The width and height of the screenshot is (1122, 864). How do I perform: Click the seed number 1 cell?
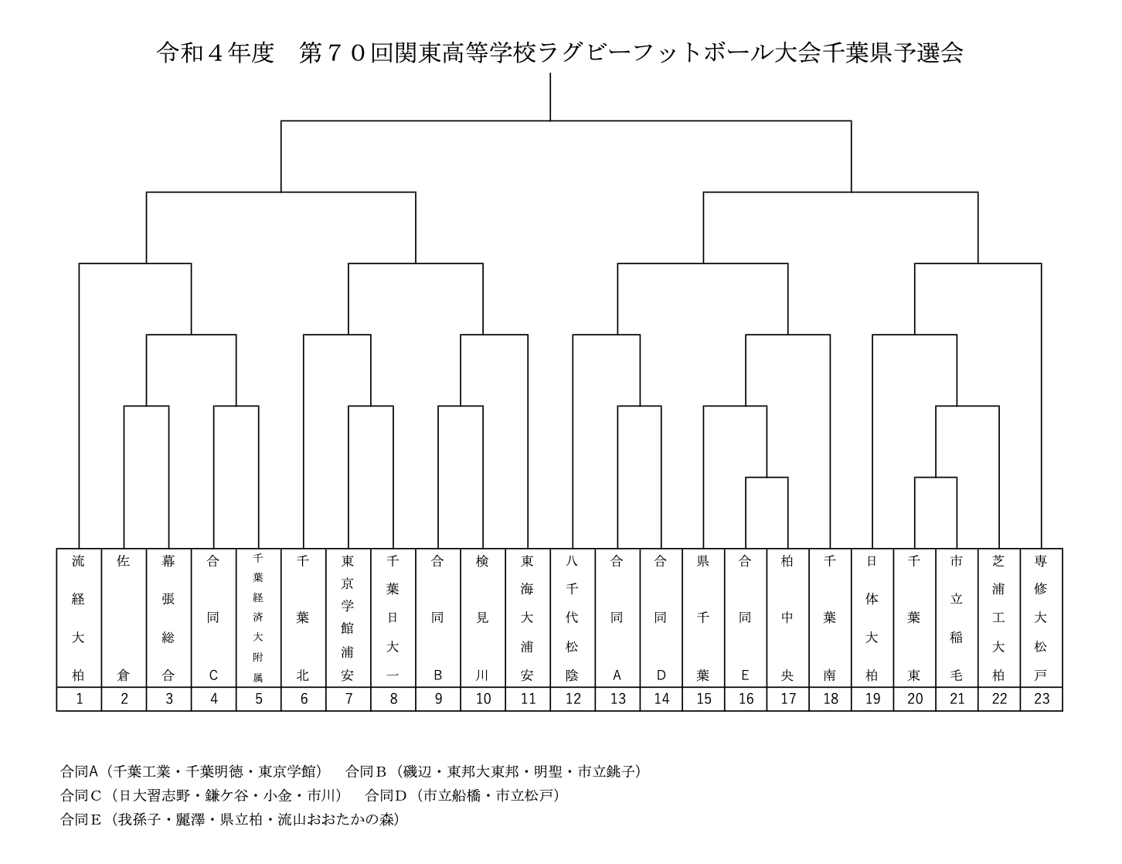[79, 699]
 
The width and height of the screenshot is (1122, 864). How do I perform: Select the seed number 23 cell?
[1042, 699]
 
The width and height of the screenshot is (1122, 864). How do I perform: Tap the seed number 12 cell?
[573, 699]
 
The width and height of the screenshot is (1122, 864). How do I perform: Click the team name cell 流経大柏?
[79, 617]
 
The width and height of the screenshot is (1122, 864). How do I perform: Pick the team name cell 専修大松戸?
[1042, 617]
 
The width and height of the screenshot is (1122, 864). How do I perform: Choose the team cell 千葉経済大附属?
[259, 617]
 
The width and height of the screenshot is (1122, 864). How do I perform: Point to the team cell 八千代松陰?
[573, 617]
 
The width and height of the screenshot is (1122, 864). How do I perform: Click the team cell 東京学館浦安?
[348, 617]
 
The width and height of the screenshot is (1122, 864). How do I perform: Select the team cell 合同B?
[438, 617]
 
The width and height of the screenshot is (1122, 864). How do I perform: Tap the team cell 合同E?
[746, 617]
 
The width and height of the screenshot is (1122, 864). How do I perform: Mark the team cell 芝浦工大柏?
[999, 617]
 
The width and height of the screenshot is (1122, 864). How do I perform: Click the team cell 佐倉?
[124, 617]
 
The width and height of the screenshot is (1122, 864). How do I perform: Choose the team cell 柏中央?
[788, 617]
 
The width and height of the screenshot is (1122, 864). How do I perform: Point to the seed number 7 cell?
[348, 699]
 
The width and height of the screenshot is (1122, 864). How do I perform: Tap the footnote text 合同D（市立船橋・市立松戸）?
[463, 795]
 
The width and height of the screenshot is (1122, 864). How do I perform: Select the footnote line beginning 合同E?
[229, 819]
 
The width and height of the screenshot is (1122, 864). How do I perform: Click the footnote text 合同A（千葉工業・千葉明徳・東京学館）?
[192, 771]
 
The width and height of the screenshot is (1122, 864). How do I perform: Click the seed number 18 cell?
[830, 699]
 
